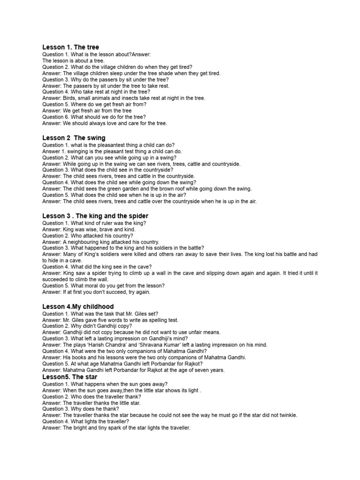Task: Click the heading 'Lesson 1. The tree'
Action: pyautogui.click(x=71, y=47)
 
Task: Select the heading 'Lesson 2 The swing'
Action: pyautogui.click(x=74, y=138)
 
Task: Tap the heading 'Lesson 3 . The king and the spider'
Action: pyautogui.click(x=95, y=216)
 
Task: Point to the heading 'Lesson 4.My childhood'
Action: pyautogui.click(x=78, y=307)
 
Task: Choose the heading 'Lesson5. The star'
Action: pyautogui.click(x=70, y=377)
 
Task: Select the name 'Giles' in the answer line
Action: pyautogui.click(x=80, y=320)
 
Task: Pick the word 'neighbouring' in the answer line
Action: pyautogui.click(x=83, y=242)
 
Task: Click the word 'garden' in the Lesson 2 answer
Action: pyautogui.click(x=112, y=189)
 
